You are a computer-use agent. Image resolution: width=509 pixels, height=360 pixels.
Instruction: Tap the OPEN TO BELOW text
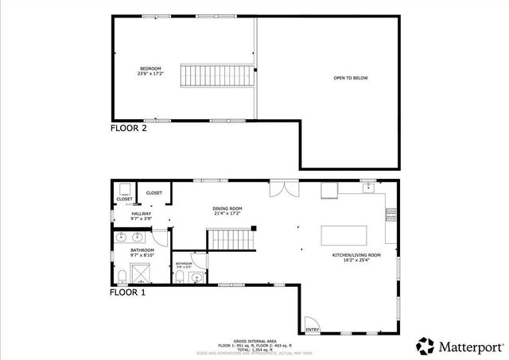[x=351, y=78]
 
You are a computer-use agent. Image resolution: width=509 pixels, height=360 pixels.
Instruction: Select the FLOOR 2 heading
[x=128, y=127]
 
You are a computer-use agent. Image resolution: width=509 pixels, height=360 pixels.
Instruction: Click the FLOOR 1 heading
[x=128, y=292]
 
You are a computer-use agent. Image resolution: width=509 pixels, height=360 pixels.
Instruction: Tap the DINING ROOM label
[x=227, y=208]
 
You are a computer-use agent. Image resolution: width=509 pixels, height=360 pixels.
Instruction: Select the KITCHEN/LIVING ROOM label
[x=356, y=255]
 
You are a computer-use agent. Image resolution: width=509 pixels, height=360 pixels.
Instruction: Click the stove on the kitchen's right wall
[x=390, y=213]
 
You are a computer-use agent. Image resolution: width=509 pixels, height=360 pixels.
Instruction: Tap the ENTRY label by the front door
[x=312, y=329]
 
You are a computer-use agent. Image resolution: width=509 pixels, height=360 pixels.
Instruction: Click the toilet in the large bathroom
[x=122, y=277]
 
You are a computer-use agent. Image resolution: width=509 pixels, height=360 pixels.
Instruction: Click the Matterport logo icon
[x=425, y=346]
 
